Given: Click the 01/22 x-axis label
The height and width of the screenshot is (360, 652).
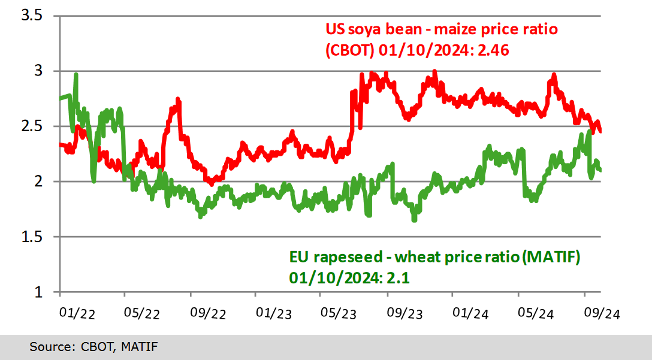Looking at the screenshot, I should click(x=77, y=313).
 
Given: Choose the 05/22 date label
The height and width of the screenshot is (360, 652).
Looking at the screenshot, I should click(x=143, y=313).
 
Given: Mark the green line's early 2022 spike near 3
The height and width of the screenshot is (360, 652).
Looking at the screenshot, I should click(x=76, y=75).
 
